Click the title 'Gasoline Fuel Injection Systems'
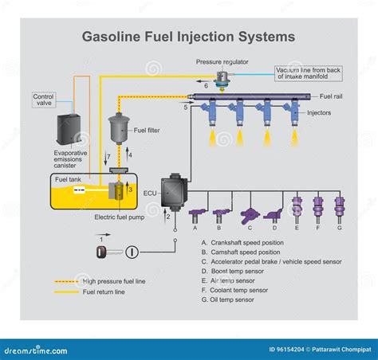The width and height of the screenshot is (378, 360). click(189, 37)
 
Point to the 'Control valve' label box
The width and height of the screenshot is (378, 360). click(44, 100)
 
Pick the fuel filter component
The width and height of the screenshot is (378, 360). click(119, 128)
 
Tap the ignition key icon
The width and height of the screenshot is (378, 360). click(103, 252)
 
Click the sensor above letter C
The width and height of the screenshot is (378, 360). click(250, 214)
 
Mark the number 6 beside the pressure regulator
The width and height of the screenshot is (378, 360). click(206, 85)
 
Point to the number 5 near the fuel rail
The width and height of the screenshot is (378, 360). click(186, 106)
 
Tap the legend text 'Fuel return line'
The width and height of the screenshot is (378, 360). click(101, 292)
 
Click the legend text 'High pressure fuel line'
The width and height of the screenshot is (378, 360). click(112, 281)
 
